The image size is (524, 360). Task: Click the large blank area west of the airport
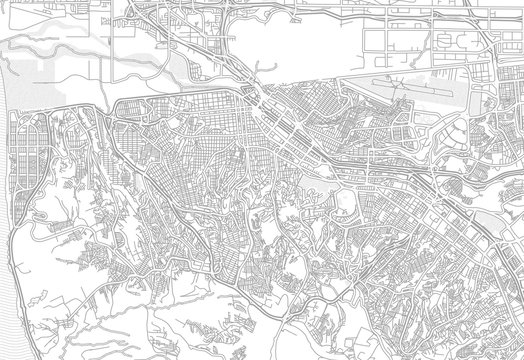(x=300, y=50)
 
